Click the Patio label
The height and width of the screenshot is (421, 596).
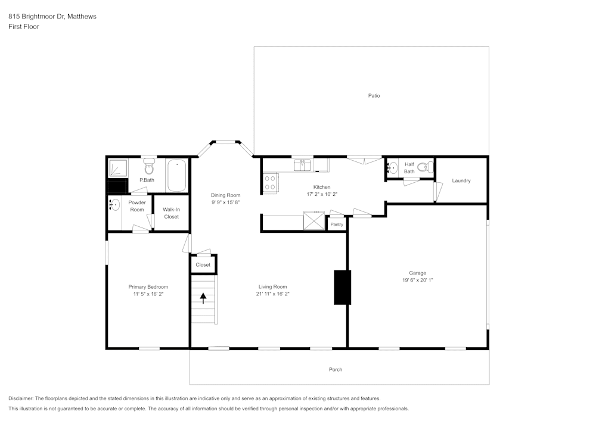click(x=374, y=96)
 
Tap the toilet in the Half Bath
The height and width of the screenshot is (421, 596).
click(x=424, y=167)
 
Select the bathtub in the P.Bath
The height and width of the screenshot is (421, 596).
click(x=176, y=175)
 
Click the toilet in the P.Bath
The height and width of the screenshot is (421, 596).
click(x=149, y=167)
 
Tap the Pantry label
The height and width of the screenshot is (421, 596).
click(x=337, y=224)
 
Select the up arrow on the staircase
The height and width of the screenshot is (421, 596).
click(x=203, y=298)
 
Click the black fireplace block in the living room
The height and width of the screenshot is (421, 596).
click(x=342, y=287)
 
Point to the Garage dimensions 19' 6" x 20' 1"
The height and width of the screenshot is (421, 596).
click(x=417, y=280)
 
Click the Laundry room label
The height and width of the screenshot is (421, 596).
click(x=461, y=180)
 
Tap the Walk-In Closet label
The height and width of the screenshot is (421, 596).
click(x=171, y=213)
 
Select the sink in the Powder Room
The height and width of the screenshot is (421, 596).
click(x=114, y=205)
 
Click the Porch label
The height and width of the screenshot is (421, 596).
click(x=336, y=370)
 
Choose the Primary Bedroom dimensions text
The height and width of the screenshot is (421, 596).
click(x=148, y=294)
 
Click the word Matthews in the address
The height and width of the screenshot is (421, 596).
click(x=82, y=17)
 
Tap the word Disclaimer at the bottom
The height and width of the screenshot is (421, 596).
click(x=21, y=398)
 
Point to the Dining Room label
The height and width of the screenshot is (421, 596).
click(x=225, y=195)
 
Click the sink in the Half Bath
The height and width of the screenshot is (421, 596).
click(x=393, y=167)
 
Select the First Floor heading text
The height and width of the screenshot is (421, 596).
click(x=24, y=27)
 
